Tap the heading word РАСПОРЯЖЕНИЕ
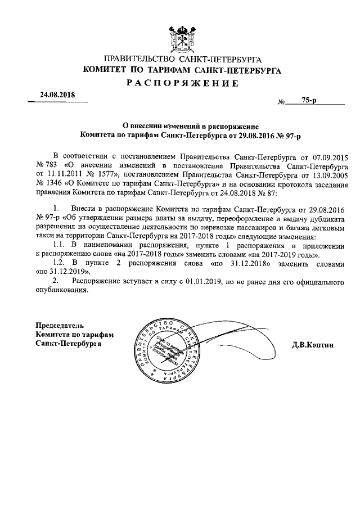[180, 83]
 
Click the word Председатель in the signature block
[60, 326]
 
